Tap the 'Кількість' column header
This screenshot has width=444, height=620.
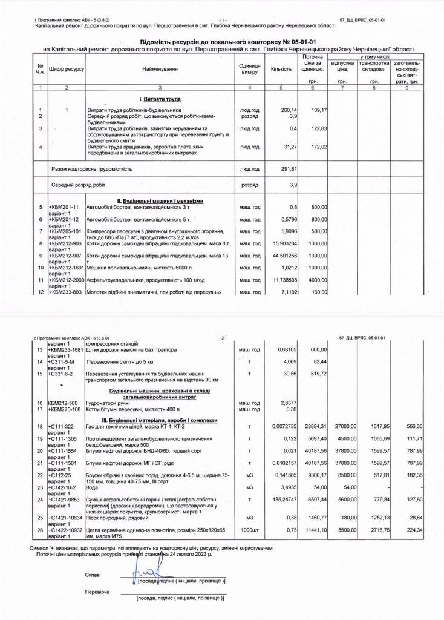point(281,70)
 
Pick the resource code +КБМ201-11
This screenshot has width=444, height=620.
point(64,208)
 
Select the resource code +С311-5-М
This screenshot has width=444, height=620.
point(62,361)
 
